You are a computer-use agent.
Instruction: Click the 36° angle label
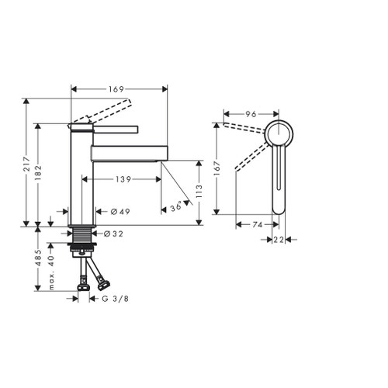tap(176, 206)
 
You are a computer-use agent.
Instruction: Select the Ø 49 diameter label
tap(120, 211)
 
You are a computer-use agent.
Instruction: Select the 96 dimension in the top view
tap(251, 114)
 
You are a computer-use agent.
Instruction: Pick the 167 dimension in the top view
tap(219, 167)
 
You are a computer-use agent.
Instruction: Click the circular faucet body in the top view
tap(278, 133)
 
